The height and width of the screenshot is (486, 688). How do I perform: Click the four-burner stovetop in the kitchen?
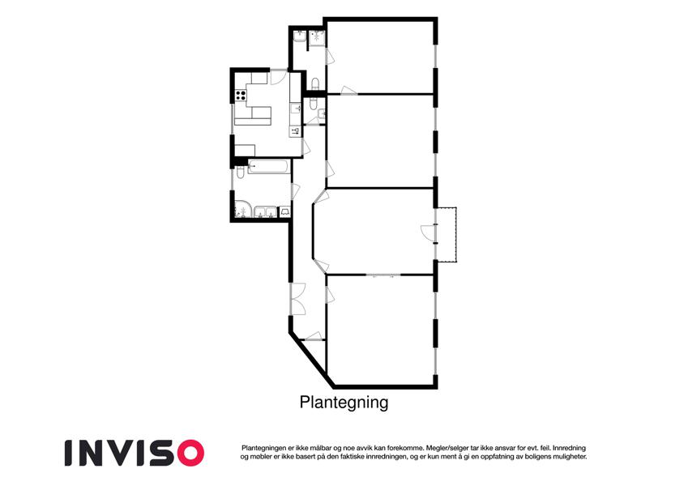[241, 96]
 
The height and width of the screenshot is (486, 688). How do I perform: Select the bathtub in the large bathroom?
[269, 167]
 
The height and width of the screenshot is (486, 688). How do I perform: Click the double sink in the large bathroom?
[266, 212]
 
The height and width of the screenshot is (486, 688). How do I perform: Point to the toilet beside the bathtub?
[241, 172]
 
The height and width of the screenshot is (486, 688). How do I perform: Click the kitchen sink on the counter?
[295, 108]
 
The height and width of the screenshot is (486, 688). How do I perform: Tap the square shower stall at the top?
[316, 39]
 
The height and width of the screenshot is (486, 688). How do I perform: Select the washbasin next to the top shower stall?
[300, 36]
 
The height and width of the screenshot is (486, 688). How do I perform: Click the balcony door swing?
[427, 232]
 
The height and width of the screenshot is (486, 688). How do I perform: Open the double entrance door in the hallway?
[297, 299]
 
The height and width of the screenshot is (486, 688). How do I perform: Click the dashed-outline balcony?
[447, 235]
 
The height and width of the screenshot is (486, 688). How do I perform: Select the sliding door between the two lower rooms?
[382, 275]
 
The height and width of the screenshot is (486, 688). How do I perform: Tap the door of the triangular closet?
[314, 336]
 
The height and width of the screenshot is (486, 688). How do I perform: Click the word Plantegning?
[344, 402]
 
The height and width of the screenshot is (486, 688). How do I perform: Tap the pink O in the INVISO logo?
[187, 453]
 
